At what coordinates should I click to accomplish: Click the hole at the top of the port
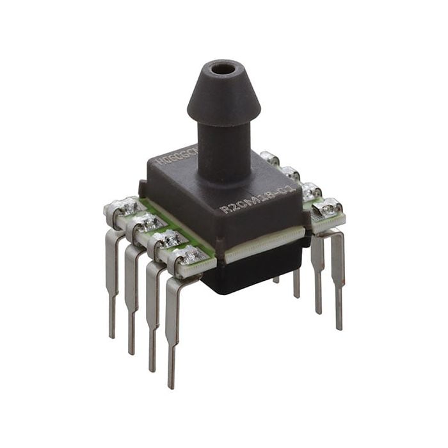(222, 67)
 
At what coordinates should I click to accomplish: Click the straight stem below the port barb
(220, 144)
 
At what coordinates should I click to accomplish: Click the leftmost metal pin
(113, 282)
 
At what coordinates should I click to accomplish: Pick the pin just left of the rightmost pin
(317, 272)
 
